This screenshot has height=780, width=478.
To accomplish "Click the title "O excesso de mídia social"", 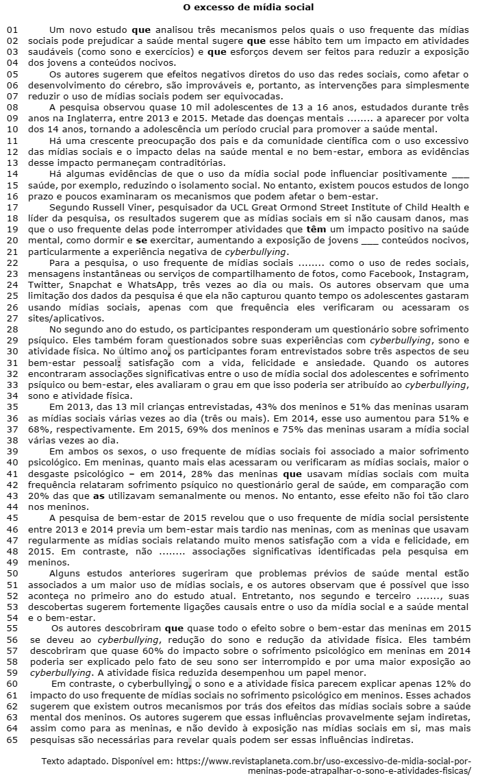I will point(239,8).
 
